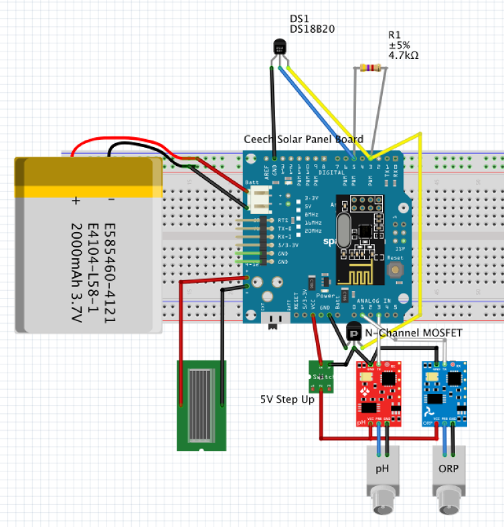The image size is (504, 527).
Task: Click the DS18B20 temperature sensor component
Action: pos(280,47)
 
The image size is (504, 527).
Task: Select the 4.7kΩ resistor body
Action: pos(370,68)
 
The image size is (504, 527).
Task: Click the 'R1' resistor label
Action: pos(395,35)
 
